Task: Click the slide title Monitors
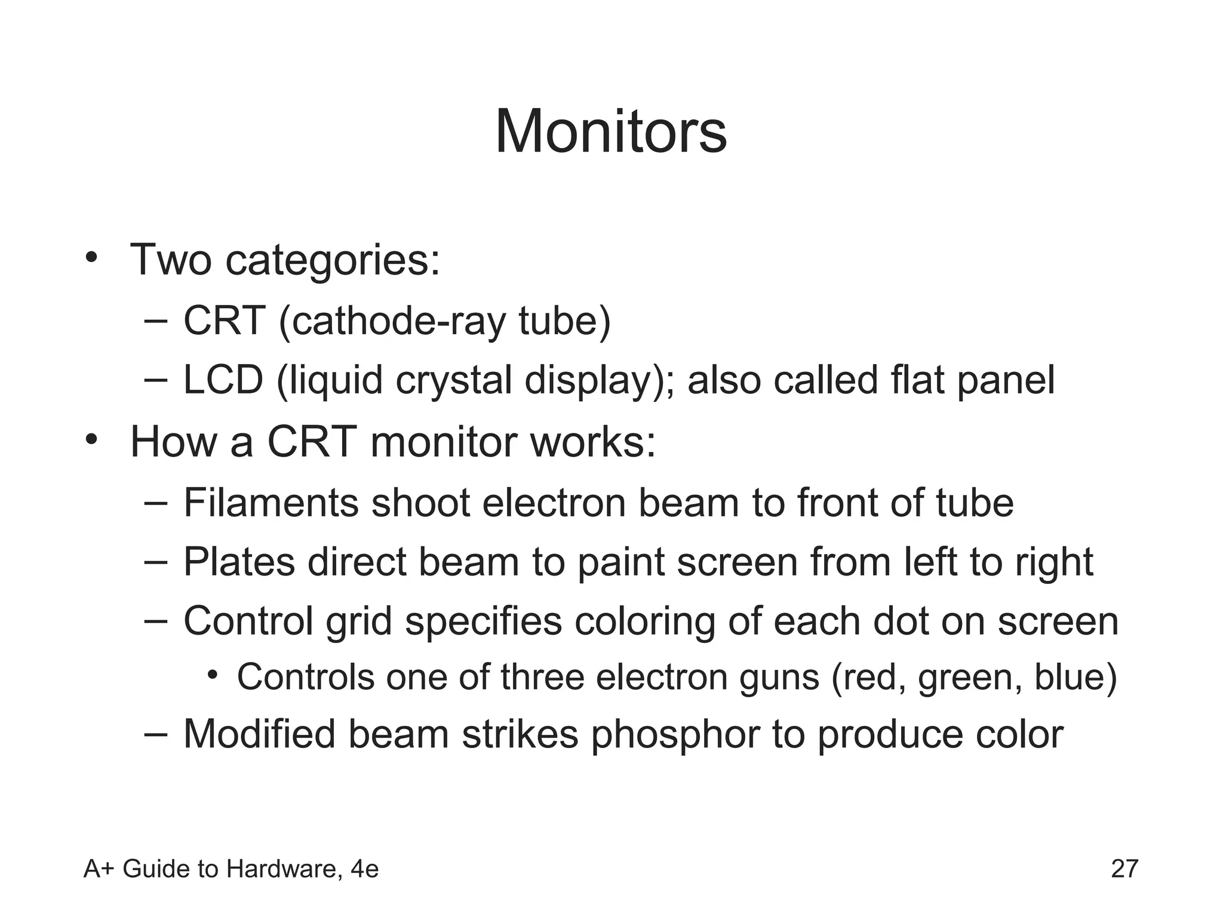click(611, 132)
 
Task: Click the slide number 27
click(1124, 869)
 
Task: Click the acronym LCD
click(223, 380)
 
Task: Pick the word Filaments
click(271, 503)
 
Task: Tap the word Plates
click(239, 562)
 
